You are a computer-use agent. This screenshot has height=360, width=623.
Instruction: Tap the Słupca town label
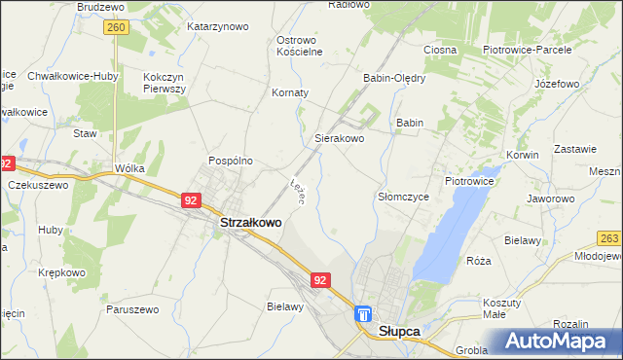point(398,331)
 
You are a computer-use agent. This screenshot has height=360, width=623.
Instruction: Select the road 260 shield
point(117,29)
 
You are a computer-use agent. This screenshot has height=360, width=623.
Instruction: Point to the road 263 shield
point(609,238)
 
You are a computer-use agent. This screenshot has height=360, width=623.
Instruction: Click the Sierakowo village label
point(339,139)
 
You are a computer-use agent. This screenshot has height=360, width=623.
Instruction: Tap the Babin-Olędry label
point(393,78)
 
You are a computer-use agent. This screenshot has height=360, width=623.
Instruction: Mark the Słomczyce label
point(403,196)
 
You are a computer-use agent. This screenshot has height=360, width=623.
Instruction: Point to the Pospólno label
point(231,161)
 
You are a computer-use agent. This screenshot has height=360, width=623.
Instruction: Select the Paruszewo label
point(131,309)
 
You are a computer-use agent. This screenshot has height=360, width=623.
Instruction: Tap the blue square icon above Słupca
point(363,314)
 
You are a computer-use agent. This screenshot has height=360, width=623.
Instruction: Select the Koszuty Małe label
point(501,308)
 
